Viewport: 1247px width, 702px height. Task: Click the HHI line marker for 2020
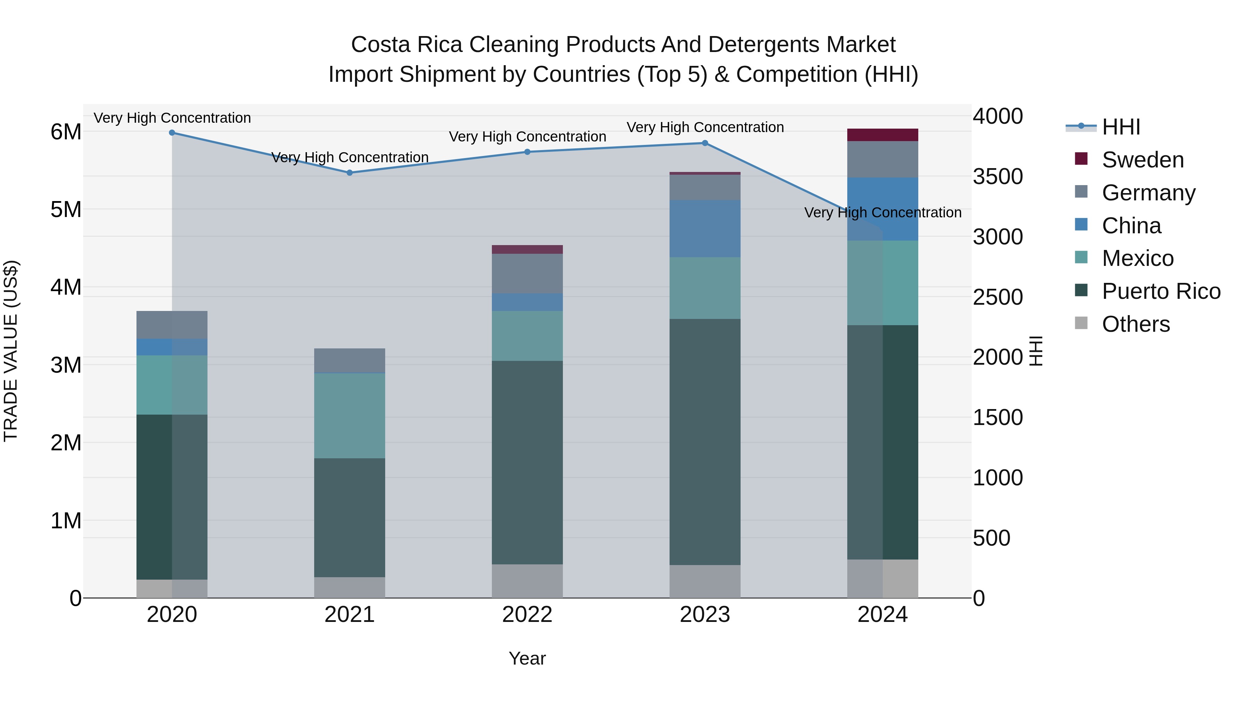click(172, 132)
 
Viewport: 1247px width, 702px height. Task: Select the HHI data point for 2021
click(350, 173)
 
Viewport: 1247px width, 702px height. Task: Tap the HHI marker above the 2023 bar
click(705, 143)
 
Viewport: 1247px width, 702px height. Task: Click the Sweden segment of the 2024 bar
click(883, 135)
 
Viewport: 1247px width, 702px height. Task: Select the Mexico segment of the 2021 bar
click(350, 416)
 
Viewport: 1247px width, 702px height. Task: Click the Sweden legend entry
click(1142, 160)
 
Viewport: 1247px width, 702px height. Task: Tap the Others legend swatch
click(1081, 323)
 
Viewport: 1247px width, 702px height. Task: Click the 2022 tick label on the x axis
click(527, 615)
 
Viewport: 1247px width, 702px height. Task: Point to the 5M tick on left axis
click(66, 210)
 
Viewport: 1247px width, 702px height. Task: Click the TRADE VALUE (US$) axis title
click(11, 351)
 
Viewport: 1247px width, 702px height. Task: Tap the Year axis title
click(527, 658)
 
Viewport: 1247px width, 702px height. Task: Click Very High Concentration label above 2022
click(527, 137)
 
